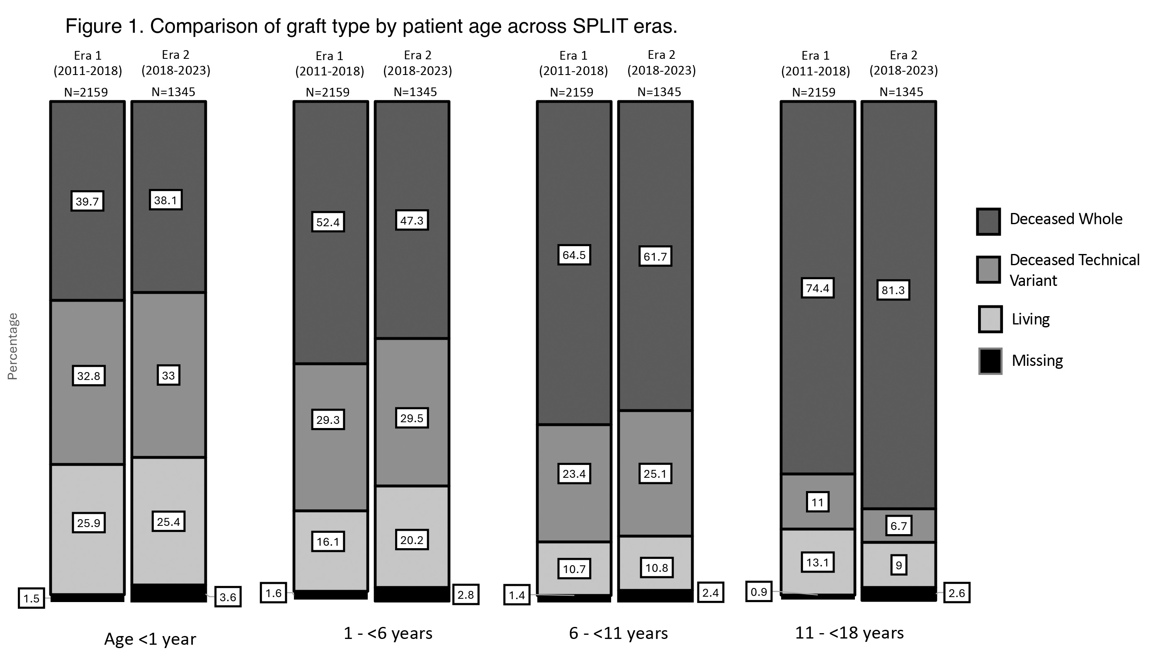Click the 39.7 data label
[x=87, y=201]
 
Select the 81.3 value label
[x=893, y=290]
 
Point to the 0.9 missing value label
[x=759, y=592]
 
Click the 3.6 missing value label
[x=228, y=597]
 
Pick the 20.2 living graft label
[x=411, y=540]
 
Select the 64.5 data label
[x=574, y=255]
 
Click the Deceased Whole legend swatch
[x=988, y=221]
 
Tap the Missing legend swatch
[x=990, y=361]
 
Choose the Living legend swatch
[x=990, y=319]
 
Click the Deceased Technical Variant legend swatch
[x=988, y=270]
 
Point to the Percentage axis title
[x=13, y=346]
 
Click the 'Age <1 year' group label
[x=150, y=639]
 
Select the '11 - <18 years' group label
[x=849, y=633]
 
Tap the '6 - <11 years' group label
[x=618, y=633]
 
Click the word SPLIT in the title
[x=600, y=26]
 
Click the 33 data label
[x=168, y=375]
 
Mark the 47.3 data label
[x=411, y=220]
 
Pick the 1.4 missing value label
[x=516, y=595]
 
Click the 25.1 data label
[x=655, y=474]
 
